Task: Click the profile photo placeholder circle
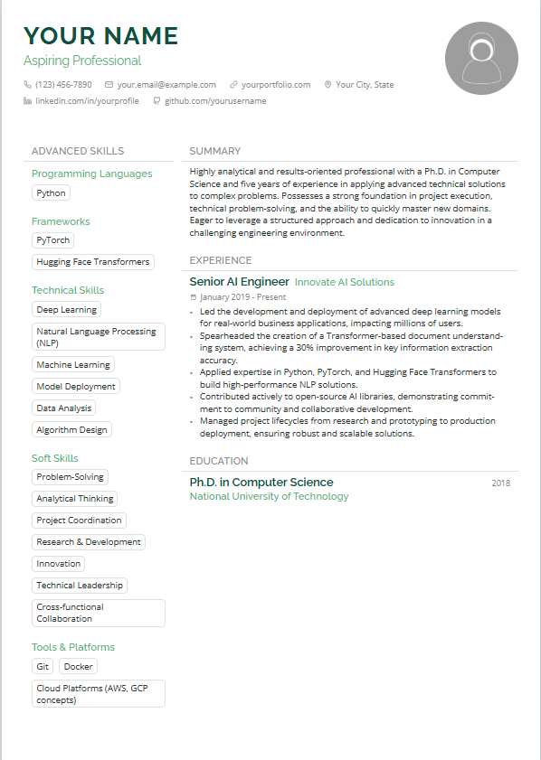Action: [481, 58]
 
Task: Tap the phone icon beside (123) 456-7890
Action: [27, 85]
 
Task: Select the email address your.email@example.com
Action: [166, 85]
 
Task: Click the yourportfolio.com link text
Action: [276, 85]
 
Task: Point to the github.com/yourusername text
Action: [215, 101]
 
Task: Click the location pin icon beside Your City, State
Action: [327, 85]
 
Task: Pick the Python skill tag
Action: [51, 192]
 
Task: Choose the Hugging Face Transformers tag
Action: [93, 262]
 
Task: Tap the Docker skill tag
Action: [80, 666]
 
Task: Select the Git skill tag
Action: [43, 666]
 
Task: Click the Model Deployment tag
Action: [76, 387]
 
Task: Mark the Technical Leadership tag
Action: [80, 586]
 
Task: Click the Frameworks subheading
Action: [61, 221]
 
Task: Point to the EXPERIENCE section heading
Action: [221, 260]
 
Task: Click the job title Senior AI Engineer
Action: [239, 282]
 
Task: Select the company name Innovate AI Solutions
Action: [345, 282]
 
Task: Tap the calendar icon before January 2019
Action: [194, 297]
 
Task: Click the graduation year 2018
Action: [501, 483]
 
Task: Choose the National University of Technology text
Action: [269, 496]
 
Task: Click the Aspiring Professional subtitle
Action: [82, 61]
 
